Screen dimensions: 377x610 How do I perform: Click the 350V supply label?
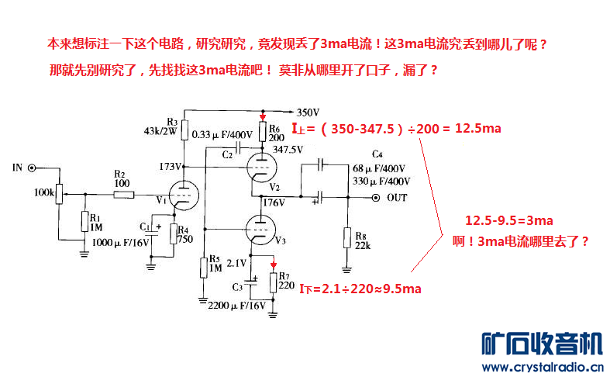(x=308, y=111)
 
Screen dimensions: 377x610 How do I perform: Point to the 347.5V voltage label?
(x=288, y=149)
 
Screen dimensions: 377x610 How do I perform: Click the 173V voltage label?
(x=171, y=166)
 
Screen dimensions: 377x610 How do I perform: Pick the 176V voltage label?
(x=273, y=202)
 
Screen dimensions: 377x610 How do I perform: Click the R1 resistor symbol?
(x=84, y=222)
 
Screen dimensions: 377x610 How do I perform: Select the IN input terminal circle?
(x=32, y=167)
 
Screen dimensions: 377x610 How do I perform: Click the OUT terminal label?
(x=397, y=198)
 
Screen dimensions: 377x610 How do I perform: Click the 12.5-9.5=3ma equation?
(x=508, y=220)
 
